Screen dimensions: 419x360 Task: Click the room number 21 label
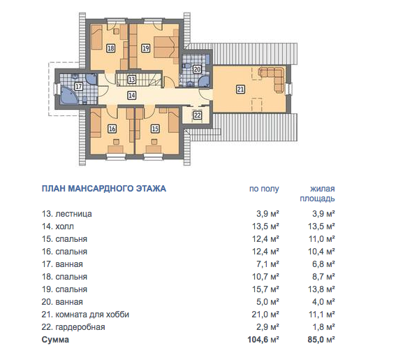tap(240, 89)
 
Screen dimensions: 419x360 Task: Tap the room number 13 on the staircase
tap(131, 80)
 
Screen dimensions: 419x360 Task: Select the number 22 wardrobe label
tap(197, 115)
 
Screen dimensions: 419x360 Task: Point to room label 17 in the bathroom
tap(78, 87)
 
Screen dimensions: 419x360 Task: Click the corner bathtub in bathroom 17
tap(68, 95)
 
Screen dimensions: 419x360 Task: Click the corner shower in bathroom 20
tap(205, 81)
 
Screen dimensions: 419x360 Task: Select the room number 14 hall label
tap(131, 95)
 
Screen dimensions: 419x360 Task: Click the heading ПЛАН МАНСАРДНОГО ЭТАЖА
tap(104, 189)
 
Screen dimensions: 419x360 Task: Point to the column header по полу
tap(264, 189)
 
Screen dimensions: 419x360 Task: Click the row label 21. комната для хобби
tap(85, 315)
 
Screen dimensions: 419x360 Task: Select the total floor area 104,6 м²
tap(263, 340)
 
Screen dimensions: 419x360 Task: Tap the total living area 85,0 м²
tap(321, 340)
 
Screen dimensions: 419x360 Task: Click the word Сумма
tap(55, 340)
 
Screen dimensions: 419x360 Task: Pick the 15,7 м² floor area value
tap(265, 289)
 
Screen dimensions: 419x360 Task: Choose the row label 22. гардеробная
tap(73, 327)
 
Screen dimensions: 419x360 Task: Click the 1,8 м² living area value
tap(323, 327)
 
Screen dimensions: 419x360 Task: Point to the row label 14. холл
tap(58, 226)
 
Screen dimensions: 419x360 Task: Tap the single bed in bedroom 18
tap(97, 38)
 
